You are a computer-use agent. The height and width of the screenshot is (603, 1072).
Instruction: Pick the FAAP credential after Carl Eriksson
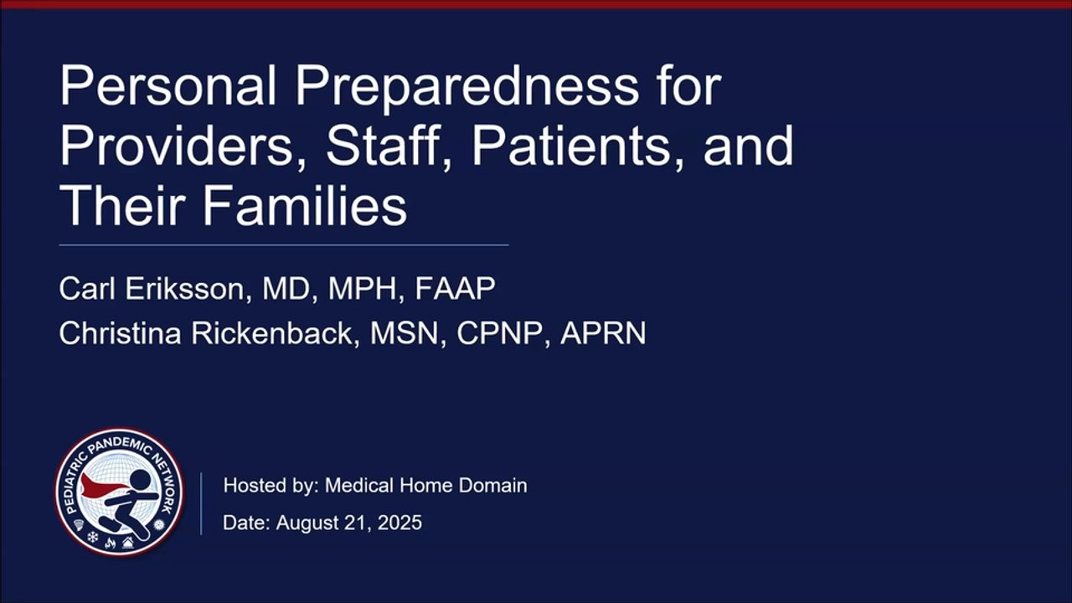[x=455, y=289]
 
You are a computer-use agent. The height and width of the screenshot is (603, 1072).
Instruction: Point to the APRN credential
[x=603, y=333]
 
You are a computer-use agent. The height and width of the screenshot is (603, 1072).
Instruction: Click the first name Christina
[x=120, y=333]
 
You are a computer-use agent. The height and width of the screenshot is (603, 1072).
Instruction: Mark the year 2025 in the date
[x=399, y=523]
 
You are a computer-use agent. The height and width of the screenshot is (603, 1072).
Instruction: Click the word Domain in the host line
[x=492, y=486]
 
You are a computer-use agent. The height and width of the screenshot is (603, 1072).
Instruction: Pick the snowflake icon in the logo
[x=93, y=538]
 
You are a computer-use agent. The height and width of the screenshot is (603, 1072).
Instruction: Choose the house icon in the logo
[x=128, y=542]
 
